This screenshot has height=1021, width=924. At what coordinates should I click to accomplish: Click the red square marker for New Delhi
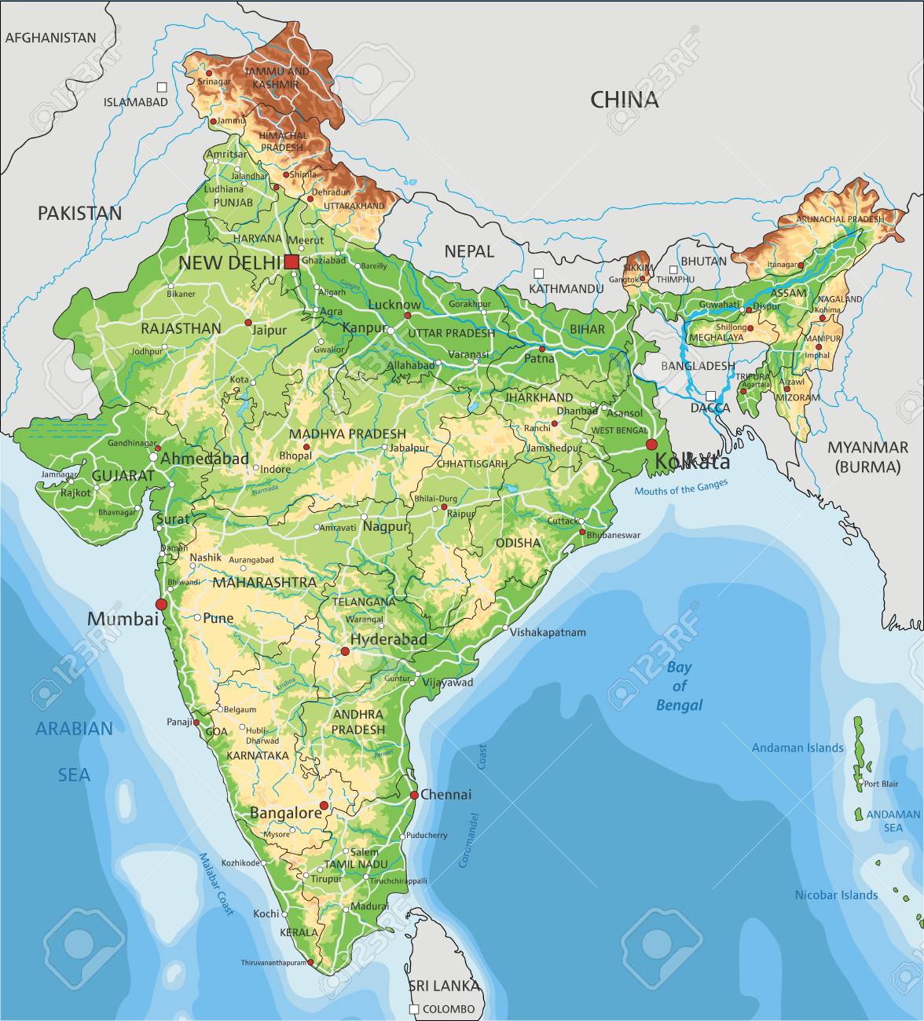coord(291,262)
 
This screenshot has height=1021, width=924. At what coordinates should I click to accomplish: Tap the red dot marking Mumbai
coord(162,604)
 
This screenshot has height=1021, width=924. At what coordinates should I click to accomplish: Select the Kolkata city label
coord(691,462)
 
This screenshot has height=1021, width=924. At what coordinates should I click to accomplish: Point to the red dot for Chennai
coord(414,795)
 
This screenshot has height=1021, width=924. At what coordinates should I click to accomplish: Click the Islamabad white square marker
coord(162,87)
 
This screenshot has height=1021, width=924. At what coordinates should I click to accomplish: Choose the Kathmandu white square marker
coord(538,273)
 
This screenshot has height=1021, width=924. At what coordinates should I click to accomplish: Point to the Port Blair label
coord(881,784)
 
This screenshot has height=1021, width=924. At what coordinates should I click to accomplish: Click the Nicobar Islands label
coord(836,895)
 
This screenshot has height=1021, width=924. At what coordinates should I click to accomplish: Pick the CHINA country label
coord(625,100)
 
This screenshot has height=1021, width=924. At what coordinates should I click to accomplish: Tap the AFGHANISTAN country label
coord(51,37)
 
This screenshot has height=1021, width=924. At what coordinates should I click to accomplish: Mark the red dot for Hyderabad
coord(344,651)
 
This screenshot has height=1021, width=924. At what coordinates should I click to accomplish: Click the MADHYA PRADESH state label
coord(347,434)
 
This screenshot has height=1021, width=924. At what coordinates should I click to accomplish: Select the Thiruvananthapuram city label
coord(273,962)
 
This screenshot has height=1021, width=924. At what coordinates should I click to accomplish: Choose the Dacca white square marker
coord(710,396)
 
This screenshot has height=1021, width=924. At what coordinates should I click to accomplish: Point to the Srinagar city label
coord(214,81)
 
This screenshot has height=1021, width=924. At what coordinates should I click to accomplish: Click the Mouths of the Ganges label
coord(676,489)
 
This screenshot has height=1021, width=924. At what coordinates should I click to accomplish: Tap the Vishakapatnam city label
coord(548,631)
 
